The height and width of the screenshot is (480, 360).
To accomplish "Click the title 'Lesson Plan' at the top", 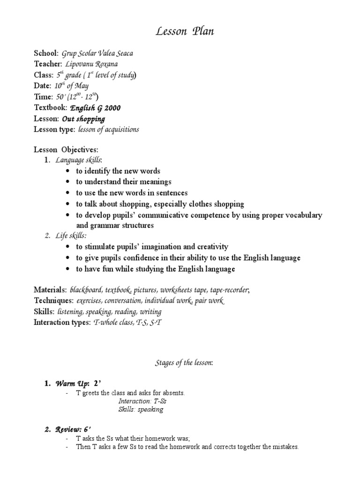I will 180,31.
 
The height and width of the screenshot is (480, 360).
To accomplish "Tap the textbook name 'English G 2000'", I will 95,108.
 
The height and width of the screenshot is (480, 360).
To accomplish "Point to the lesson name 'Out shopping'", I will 83,119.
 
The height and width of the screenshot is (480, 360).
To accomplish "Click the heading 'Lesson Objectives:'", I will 66,150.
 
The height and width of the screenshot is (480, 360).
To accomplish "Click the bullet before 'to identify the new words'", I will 68,171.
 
